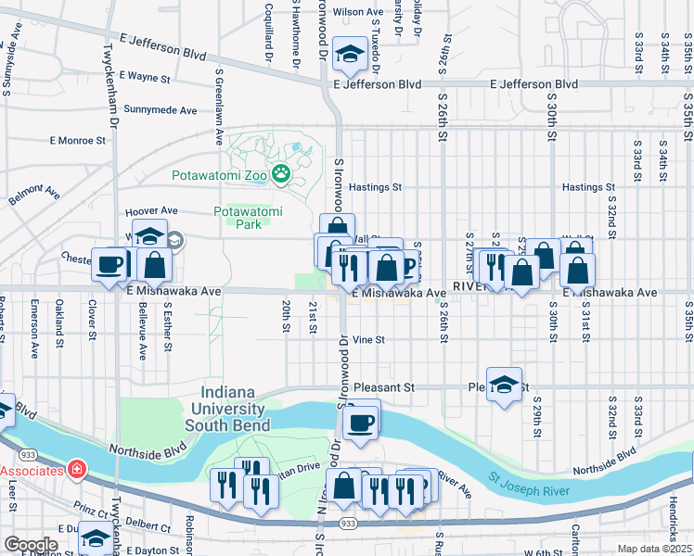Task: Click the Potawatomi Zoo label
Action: tap(219, 174)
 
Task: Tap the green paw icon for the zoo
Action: tap(279, 173)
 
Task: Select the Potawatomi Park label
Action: tap(248, 218)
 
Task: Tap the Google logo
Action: tap(31, 545)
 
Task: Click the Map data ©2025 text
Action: tap(652, 549)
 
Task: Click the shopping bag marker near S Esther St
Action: tap(155, 265)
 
